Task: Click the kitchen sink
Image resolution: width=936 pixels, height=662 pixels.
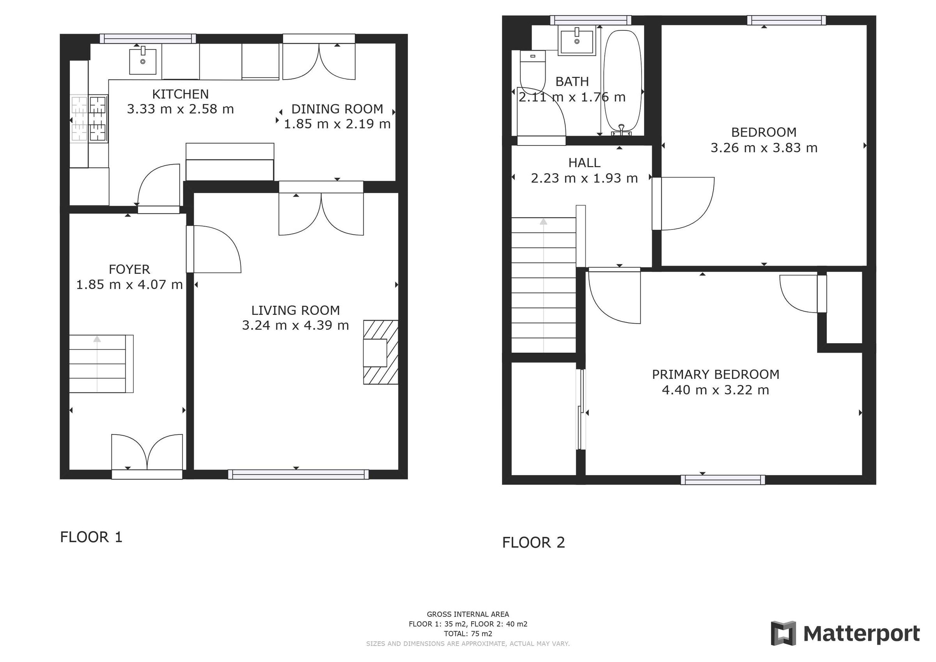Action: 143,62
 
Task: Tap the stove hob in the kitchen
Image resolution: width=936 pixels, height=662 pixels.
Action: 89,118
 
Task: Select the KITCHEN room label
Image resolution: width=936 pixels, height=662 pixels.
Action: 180,94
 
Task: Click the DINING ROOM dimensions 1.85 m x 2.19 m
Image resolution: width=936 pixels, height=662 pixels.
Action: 337,124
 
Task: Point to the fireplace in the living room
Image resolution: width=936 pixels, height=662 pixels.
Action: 380,352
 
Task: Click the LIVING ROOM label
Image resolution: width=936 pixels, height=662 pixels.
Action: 295,311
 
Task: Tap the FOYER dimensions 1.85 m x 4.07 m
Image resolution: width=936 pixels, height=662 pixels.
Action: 129,284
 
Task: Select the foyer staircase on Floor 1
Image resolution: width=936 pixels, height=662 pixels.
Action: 101,364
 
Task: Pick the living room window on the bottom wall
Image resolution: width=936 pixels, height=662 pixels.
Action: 298,474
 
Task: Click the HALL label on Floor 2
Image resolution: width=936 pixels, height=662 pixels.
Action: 584,163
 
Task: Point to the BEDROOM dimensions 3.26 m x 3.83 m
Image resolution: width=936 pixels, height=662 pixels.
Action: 764,148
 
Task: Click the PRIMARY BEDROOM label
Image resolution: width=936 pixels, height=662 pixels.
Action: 715,374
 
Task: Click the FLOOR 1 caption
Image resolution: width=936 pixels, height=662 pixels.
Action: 91,537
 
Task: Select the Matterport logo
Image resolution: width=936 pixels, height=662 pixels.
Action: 845,634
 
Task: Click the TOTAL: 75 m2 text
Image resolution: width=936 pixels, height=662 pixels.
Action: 468,634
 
